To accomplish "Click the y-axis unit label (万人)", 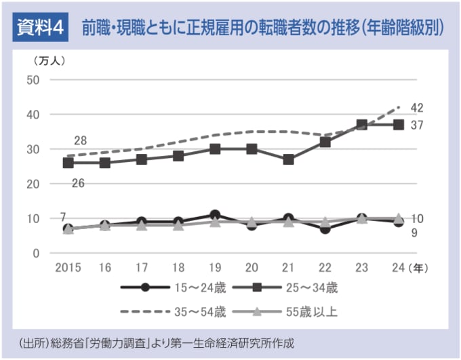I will (48, 60).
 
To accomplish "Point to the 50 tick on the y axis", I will (33, 80).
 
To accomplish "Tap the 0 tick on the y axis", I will (37, 253).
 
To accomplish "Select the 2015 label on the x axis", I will (68, 267).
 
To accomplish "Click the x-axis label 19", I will (214, 267).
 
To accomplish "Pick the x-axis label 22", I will (325, 267).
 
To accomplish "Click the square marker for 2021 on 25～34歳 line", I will (288, 159).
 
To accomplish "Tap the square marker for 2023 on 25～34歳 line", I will (362, 125).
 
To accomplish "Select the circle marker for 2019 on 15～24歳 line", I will (214, 215).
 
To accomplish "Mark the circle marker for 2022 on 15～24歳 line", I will (325, 228).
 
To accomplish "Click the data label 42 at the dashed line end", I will (417, 108).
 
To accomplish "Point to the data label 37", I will (417, 125).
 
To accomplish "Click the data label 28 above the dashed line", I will (80, 141).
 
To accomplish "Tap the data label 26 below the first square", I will (78, 182).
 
